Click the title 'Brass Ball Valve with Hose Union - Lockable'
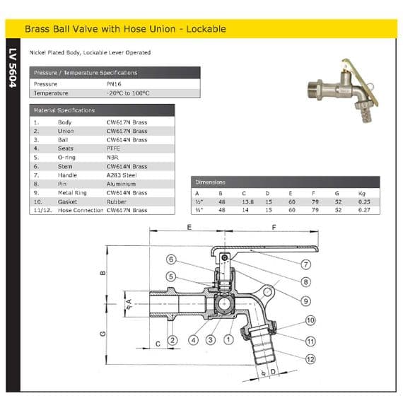[125, 29]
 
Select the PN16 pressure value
[114, 83]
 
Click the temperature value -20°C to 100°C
[128, 93]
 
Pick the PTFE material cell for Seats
[113, 148]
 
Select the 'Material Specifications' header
[64, 110]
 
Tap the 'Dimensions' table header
[210, 182]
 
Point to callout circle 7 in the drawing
[306, 264]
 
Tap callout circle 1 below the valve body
[228, 339]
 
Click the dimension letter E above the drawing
[189, 228]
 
